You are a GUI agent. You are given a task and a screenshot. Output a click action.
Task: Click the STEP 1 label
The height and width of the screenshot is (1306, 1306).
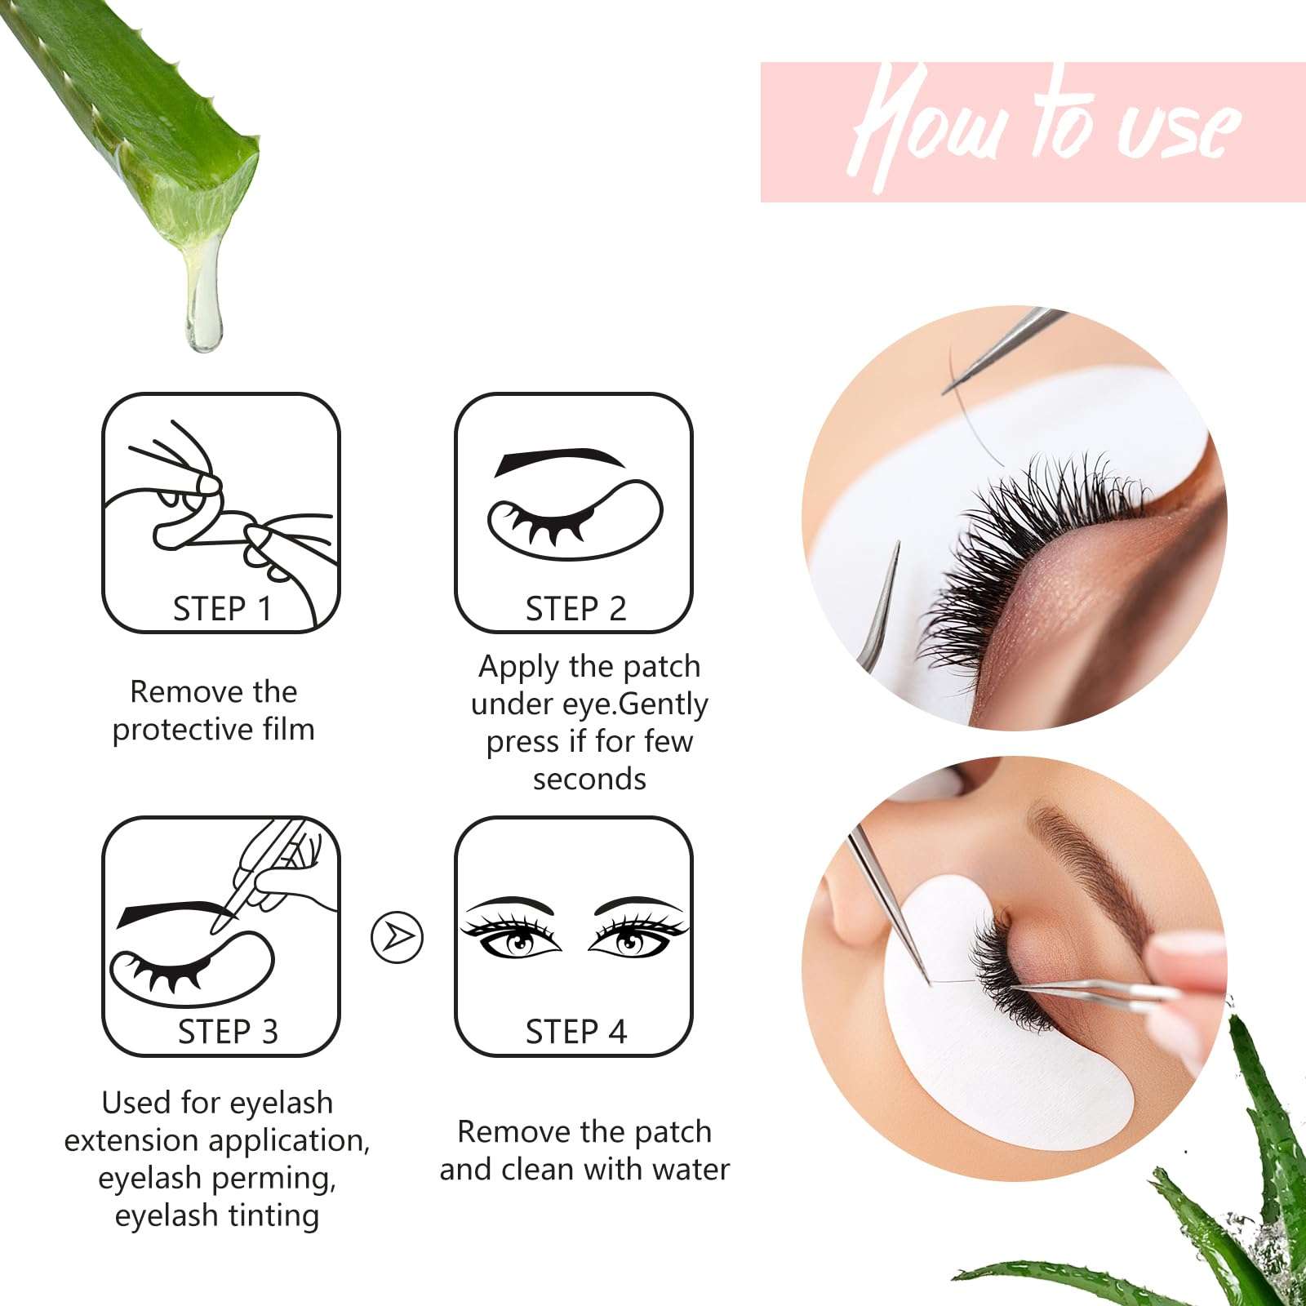pyautogui.click(x=222, y=609)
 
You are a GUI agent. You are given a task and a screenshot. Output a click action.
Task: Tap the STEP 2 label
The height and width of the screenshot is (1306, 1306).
pyautogui.click(x=575, y=609)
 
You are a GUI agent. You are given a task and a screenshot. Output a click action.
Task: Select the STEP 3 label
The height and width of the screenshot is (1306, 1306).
pyautogui.click(x=228, y=1032)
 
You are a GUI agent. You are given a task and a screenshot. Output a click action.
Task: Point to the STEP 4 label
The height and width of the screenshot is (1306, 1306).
pyautogui.click(x=575, y=1032)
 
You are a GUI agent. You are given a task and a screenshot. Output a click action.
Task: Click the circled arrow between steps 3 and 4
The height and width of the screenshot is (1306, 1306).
pyautogui.click(x=397, y=937)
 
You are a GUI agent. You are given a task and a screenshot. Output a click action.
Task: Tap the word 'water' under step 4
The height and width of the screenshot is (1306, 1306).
pyautogui.click(x=691, y=1169)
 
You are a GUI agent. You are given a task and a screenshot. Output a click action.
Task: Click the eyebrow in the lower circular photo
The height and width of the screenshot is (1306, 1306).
pyautogui.click(x=1094, y=865)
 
